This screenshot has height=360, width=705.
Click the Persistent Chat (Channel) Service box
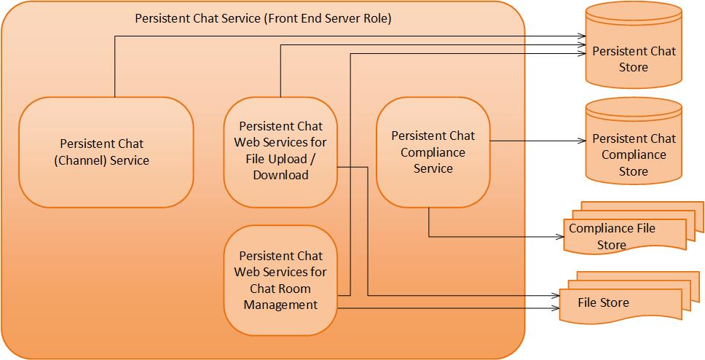[x=105, y=152]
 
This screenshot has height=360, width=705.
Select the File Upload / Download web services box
[x=280, y=151]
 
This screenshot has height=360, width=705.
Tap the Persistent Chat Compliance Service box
[x=433, y=152]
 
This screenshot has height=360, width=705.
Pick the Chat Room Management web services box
[x=280, y=280]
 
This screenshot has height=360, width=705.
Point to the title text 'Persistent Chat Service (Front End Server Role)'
[x=263, y=18]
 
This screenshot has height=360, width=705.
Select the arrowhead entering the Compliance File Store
[x=564, y=236]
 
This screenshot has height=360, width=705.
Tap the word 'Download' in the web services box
[x=280, y=175]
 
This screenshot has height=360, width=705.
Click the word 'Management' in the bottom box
[x=280, y=305]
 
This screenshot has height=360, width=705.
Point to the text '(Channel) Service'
[x=101, y=160]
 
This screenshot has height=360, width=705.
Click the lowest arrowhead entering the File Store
[x=554, y=308]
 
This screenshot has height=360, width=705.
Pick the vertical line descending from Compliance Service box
[x=428, y=222]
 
